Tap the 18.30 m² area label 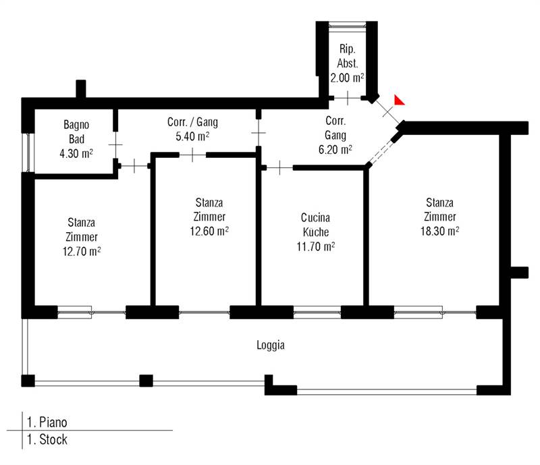(440, 231)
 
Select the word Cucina (315, 218)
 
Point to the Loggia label (271, 345)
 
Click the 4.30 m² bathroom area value (76, 153)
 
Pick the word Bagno (76, 125)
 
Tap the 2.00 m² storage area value (347, 78)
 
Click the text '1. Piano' (47, 422)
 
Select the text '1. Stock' (47, 439)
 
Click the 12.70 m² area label (82, 252)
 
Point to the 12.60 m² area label (209, 231)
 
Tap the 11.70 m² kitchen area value (316, 246)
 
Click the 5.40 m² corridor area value (192, 136)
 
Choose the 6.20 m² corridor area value (335, 150)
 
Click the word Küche (316, 232)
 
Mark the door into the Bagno (115, 144)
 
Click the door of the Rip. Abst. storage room (348, 98)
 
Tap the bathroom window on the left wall (28, 153)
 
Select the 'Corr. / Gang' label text (192, 122)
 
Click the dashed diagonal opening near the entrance (381, 152)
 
